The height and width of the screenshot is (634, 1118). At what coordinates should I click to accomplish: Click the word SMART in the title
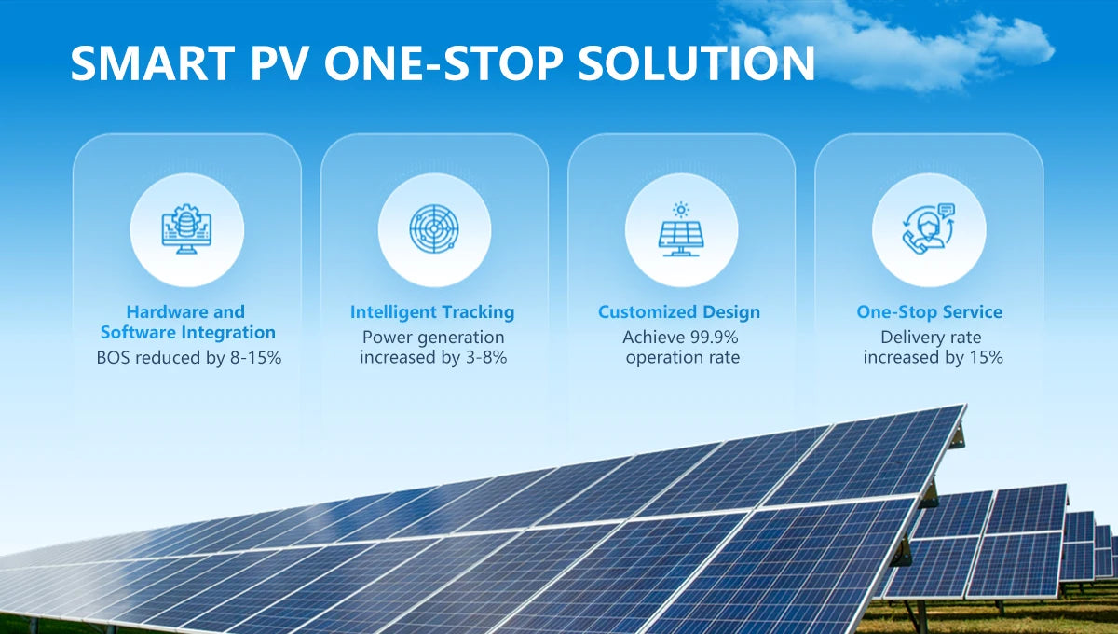click(x=153, y=63)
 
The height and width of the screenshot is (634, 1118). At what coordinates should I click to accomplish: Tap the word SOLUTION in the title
click(x=696, y=63)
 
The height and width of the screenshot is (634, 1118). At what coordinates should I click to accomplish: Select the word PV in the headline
click(x=279, y=63)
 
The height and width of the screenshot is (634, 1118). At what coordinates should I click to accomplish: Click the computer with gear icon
click(x=186, y=228)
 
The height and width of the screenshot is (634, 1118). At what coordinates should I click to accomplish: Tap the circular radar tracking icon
click(x=434, y=228)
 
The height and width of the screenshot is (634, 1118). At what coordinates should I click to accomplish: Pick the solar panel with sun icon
click(x=681, y=229)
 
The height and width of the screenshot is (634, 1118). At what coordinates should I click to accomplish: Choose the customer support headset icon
click(x=929, y=228)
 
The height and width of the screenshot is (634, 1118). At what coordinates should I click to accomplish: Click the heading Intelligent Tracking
click(x=432, y=312)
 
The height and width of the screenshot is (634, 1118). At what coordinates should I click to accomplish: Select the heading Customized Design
click(x=679, y=312)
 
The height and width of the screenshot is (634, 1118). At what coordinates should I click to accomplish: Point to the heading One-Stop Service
click(x=930, y=312)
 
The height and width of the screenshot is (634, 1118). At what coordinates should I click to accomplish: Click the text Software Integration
click(x=187, y=333)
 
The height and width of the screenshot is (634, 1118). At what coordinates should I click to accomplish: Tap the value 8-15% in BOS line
click(x=255, y=358)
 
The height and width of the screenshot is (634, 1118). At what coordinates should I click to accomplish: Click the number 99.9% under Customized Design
click(x=714, y=338)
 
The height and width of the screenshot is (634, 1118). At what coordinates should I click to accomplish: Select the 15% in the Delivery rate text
click(x=987, y=358)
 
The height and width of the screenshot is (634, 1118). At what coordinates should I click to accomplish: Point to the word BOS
click(x=114, y=358)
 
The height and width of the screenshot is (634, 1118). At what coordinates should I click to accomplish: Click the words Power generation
click(x=433, y=338)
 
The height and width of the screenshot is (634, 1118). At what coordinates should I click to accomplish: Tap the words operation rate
click(x=683, y=358)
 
